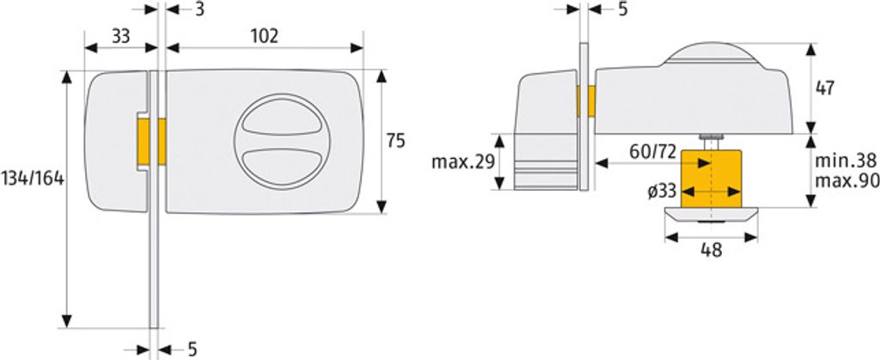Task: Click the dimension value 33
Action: pyautogui.click(x=120, y=36)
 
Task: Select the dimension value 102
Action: pyautogui.click(x=264, y=36)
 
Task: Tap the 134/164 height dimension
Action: pyautogui.click(x=33, y=179)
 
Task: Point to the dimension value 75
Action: pyautogui.click(x=395, y=141)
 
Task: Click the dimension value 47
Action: pyautogui.click(x=824, y=88)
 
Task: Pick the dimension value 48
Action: pyautogui.click(x=711, y=250)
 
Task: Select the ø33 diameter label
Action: pyautogui.click(x=662, y=192)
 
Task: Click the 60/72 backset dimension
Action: pyautogui.click(x=653, y=151)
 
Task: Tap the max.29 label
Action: pyautogui.click(x=463, y=162)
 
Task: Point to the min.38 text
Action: pyautogui.click(x=846, y=161)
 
